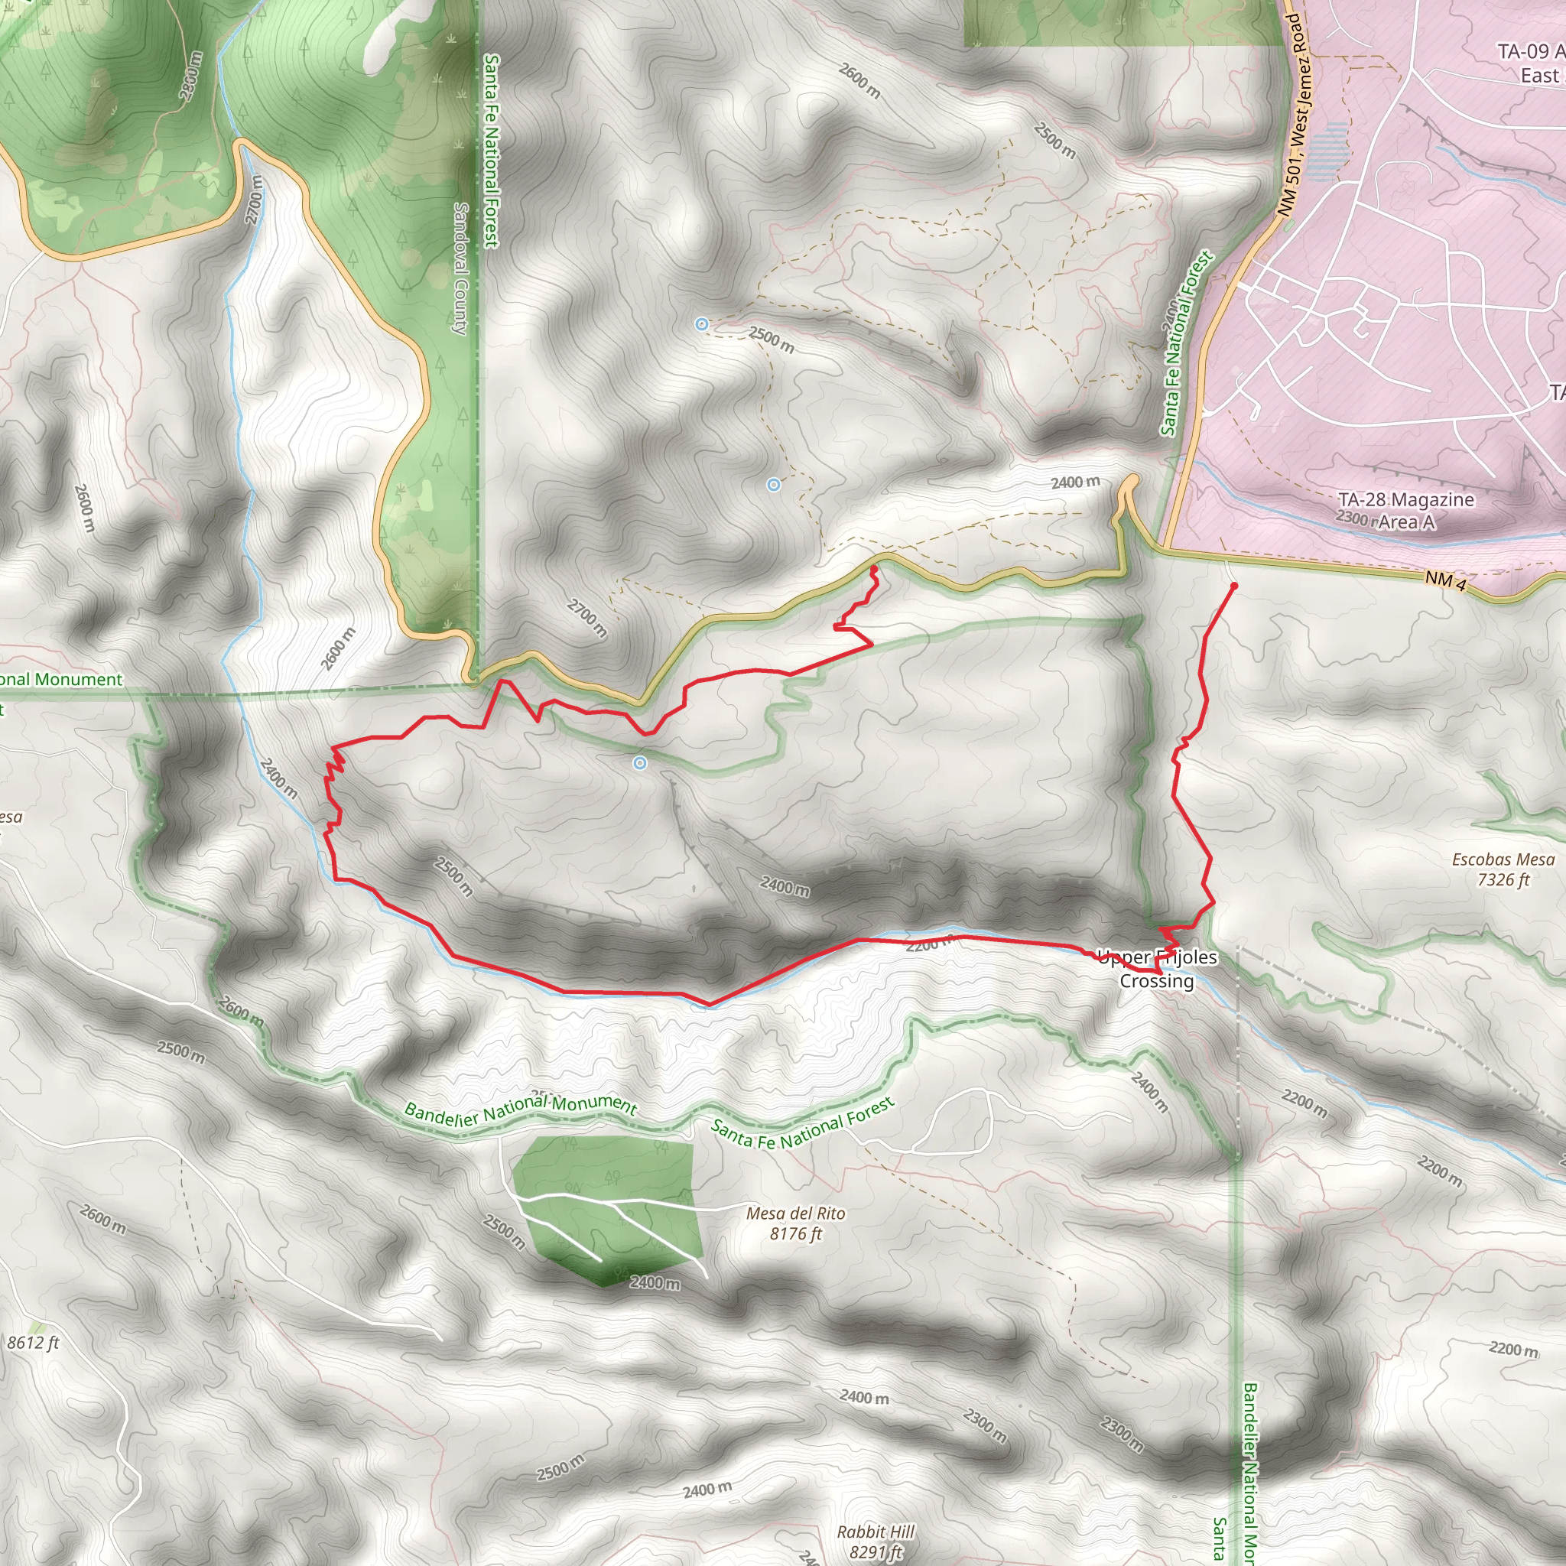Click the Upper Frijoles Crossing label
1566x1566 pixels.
click(1157, 969)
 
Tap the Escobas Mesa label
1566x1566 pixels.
click(1503, 860)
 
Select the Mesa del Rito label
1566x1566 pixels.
click(795, 1213)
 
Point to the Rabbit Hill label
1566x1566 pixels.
click(876, 1532)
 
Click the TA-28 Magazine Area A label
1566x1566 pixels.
click(1405, 511)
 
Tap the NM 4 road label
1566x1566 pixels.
click(1445, 580)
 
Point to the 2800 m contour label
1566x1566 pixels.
click(191, 77)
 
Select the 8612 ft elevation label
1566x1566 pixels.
click(33, 1343)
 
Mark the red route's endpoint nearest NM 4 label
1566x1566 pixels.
click(1233, 585)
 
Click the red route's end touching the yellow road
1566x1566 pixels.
click(874, 569)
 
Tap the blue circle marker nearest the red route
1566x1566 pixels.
click(640, 762)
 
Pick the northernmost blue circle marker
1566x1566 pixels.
click(702, 324)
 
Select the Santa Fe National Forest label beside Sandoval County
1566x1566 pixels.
click(491, 151)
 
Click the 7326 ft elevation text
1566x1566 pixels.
click(1503, 880)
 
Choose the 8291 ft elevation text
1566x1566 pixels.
click(876, 1552)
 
